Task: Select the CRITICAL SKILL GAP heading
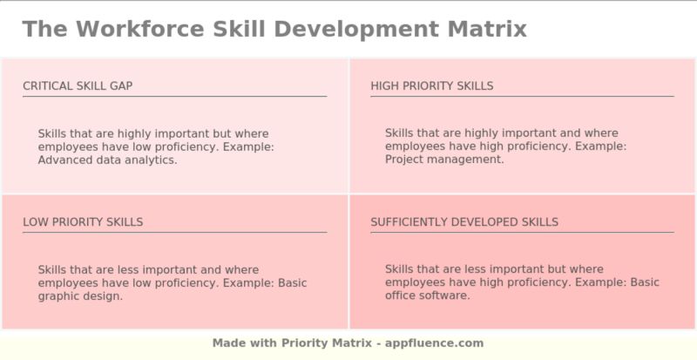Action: [x=78, y=85]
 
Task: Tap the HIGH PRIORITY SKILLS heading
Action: [x=431, y=85]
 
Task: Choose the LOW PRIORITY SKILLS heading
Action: [x=83, y=221]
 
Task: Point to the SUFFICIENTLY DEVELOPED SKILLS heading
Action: [x=464, y=221]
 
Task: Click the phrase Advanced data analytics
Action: [x=107, y=160]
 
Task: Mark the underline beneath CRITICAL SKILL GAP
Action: [x=174, y=96]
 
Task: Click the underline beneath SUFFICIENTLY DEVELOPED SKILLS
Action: [x=522, y=232]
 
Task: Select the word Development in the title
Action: [x=355, y=29]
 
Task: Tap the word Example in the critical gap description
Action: [x=248, y=146]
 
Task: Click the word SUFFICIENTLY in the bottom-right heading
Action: [x=409, y=221]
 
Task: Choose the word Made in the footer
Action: [x=228, y=343]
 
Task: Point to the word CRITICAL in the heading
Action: [x=47, y=85]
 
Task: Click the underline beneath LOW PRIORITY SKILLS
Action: [x=174, y=232]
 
